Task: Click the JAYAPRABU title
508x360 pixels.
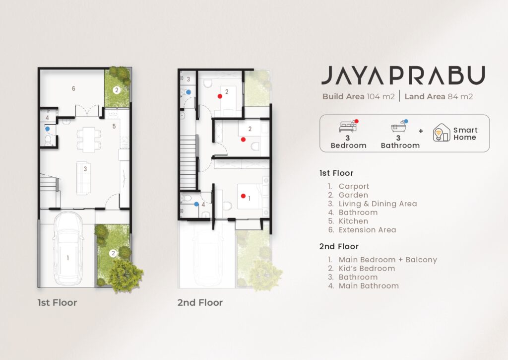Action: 403,75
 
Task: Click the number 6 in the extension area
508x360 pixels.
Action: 73,88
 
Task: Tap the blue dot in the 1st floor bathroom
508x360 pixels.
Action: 48,129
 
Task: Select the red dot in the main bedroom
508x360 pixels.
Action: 243,196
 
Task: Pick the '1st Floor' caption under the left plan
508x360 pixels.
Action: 58,302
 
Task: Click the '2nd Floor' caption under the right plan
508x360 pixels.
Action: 200,302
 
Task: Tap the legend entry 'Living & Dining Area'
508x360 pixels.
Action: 378,204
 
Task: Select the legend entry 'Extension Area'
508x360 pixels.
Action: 368,230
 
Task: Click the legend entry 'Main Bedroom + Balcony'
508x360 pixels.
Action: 388,260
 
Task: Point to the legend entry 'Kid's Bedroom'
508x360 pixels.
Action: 367,269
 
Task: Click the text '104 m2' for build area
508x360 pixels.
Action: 381,97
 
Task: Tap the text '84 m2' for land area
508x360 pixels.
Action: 460,97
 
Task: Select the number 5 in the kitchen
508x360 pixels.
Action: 114,126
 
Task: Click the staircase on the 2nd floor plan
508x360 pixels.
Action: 188,162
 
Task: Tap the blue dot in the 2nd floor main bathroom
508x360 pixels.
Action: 196,204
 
